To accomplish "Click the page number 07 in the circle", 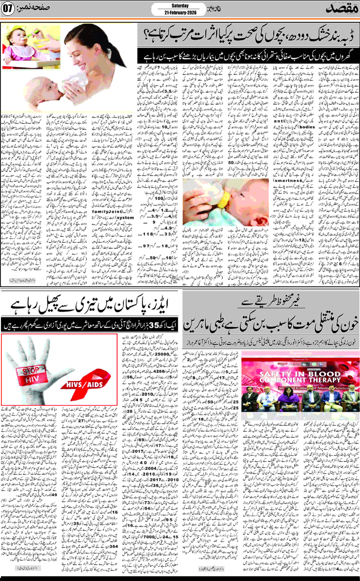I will tap(9, 10).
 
